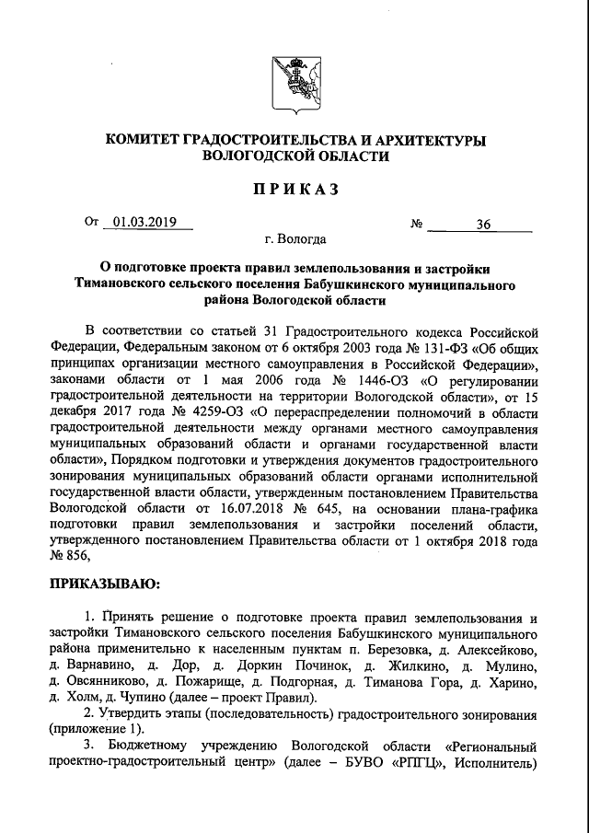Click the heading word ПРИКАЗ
(294, 191)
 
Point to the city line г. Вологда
(294, 240)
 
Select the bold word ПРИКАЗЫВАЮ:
(104, 584)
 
